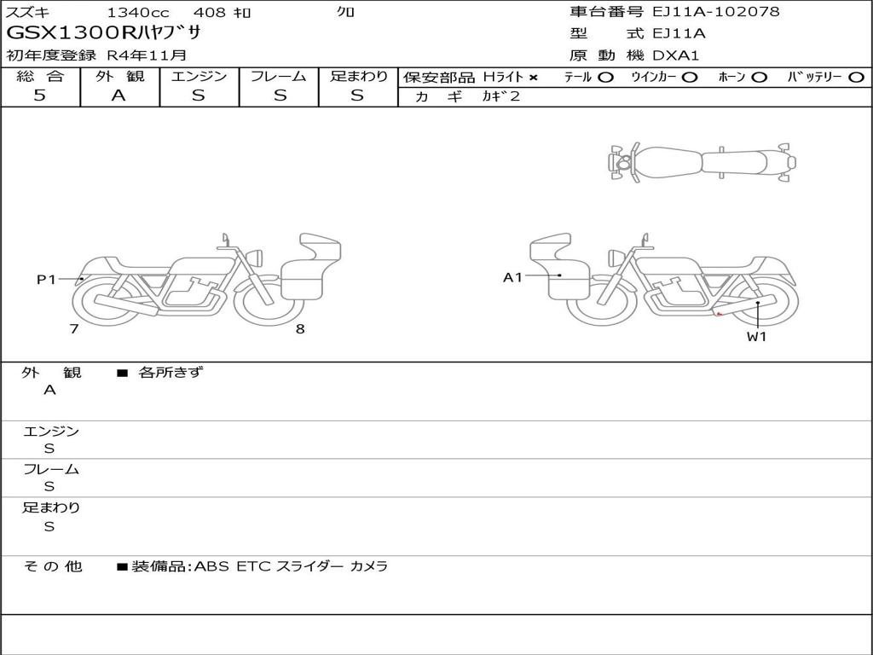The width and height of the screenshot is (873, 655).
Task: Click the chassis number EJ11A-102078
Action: pyautogui.click(x=716, y=11)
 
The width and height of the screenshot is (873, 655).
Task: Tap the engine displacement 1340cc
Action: pyautogui.click(x=138, y=12)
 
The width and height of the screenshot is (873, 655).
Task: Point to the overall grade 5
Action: pyautogui.click(x=39, y=96)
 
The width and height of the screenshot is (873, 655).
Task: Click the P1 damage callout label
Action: pyautogui.click(x=46, y=279)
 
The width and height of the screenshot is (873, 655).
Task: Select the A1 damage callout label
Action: pyautogui.click(x=512, y=277)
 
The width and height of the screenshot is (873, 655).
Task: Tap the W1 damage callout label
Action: pyautogui.click(x=757, y=336)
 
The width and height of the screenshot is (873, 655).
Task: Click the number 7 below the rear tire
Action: pyautogui.click(x=74, y=328)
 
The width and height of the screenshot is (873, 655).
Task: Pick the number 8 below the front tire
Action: pyautogui.click(x=300, y=329)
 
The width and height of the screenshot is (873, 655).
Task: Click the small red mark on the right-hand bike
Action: pyautogui.click(x=719, y=315)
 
